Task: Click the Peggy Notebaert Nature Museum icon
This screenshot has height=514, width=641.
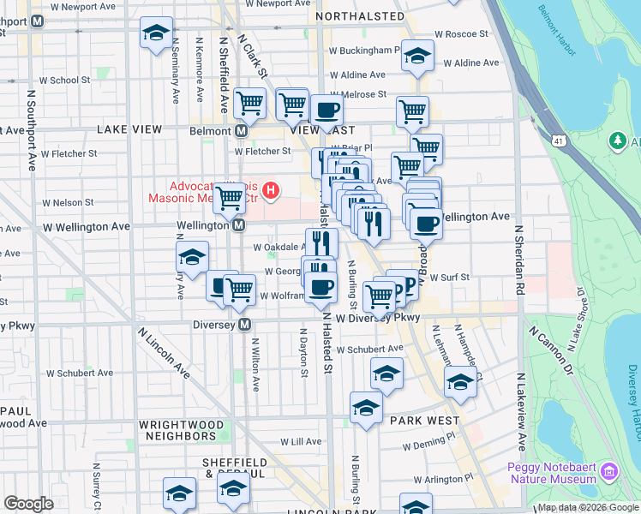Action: [609, 470]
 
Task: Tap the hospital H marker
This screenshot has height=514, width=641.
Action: [271, 189]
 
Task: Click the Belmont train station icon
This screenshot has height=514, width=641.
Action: [241, 131]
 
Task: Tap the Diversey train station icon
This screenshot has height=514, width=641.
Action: [245, 325]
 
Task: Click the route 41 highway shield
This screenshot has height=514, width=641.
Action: [559, 140]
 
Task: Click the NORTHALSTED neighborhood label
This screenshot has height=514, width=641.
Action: [360, 16]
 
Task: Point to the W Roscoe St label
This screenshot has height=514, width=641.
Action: [460, 34]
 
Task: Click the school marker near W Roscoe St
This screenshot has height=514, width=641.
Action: [417, 57]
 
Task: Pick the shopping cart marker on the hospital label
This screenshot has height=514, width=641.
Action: [229, 198]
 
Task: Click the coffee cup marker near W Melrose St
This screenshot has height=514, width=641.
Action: [326, 109]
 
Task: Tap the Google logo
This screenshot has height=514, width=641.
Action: [28, 504]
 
